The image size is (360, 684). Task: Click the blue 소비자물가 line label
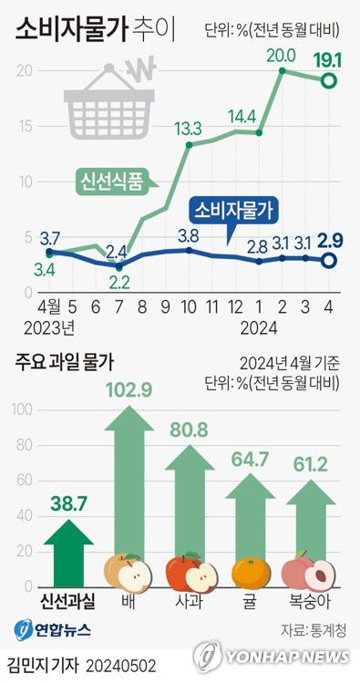pos(233,212)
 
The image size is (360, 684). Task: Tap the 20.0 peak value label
pos(281,55)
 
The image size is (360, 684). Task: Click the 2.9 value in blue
pos(328,241)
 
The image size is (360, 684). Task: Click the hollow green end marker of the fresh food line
pos(329,82)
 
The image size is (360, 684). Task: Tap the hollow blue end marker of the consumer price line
pos(329,262)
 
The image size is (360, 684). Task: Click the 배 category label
pos(128,604)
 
